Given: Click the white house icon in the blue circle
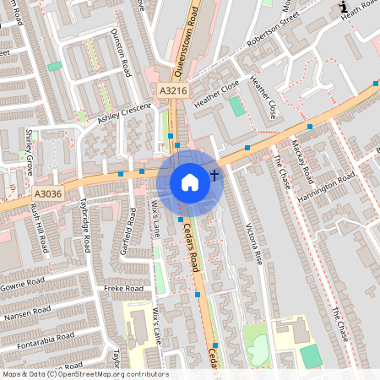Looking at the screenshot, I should pyautogui.click(x=190, y=182).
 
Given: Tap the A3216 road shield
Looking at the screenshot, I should pyautogui.click(x=172, y=89).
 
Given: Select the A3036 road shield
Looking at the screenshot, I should pyautogui.click(x=49, y=194).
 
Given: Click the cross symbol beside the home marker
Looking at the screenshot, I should pyautogui.click(x=214, y=176).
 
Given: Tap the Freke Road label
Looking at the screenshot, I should pyautogui.click(x=120, y=289).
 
